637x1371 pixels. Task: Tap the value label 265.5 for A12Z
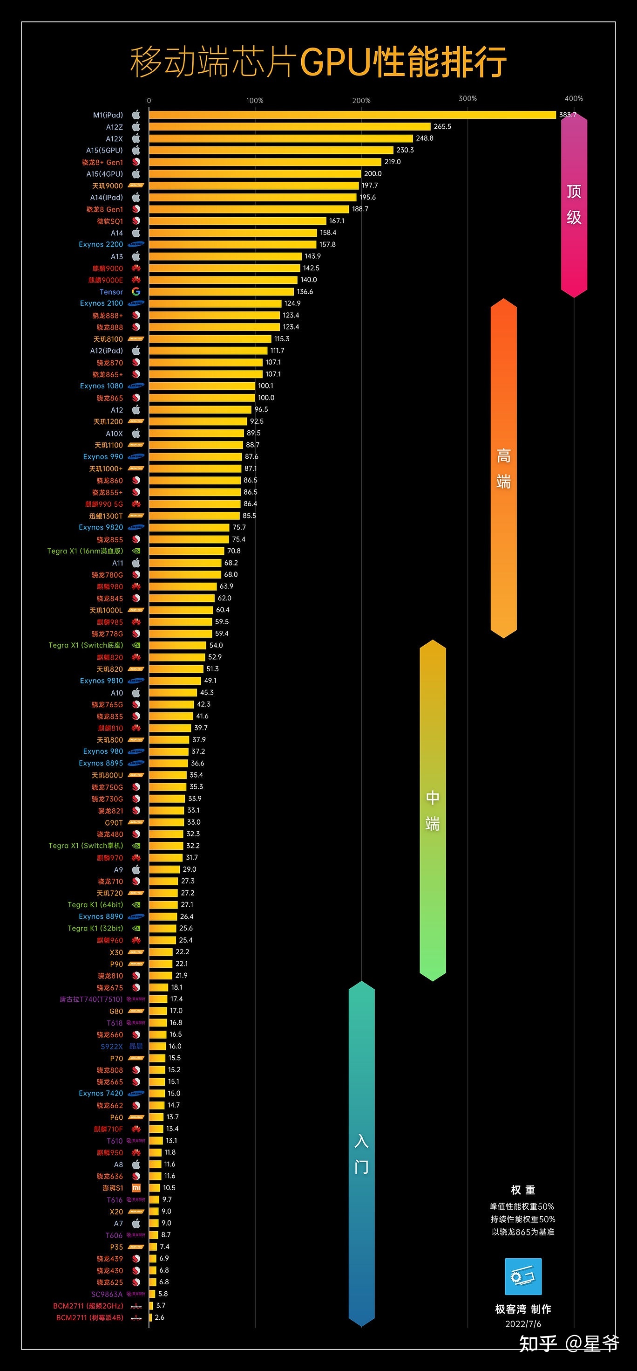point(442,127)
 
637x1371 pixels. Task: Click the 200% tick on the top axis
point(361,101)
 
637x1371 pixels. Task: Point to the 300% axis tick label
point(468,98)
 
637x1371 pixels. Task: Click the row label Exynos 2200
point(101,245)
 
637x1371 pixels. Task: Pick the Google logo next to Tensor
point(136,292)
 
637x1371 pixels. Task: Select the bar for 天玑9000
point(254,186)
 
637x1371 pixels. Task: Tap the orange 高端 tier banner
point(503,468)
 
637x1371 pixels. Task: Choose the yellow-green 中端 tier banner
point(432,811)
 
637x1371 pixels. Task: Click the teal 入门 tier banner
point(361,1154)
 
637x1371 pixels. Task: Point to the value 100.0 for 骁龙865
point(266,398)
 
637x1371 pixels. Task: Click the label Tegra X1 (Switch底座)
point(86,646)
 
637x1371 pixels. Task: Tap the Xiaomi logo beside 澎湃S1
point(136,1188)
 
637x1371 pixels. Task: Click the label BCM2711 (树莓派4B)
point(89,1318)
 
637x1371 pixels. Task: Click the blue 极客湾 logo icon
point(522,1276)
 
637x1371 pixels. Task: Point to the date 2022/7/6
point(522,1323)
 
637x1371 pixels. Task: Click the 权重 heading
point(522,1190)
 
